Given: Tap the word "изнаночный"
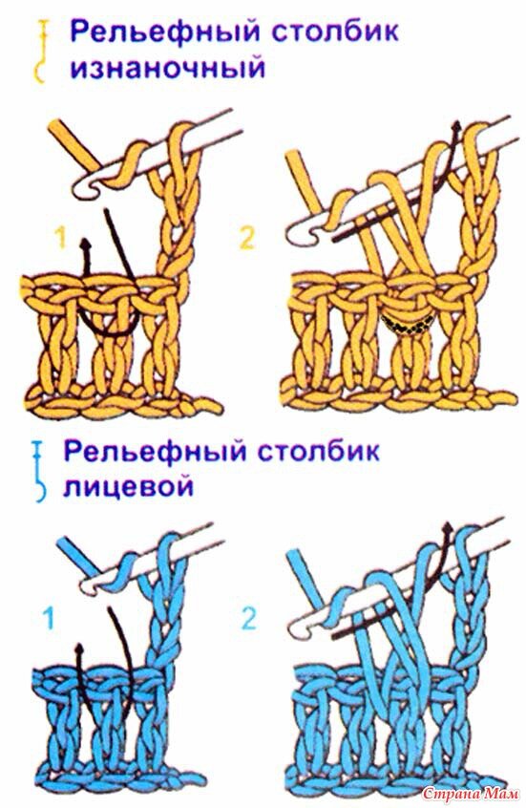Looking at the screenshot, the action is (x=168, y=68).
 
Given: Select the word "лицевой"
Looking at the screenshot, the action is (x=128, y=486).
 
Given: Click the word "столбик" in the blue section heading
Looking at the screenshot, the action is (x=319, y=451).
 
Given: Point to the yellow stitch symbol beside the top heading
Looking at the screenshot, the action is (x=41, y=52).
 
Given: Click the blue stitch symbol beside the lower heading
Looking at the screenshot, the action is (x=38, y=471).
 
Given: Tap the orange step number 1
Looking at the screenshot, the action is (x=61, y=239).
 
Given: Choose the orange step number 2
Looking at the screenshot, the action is (x=247, y=238).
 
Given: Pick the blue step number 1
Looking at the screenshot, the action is (x=49, y=618).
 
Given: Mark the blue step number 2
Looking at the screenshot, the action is (x=248, y=618).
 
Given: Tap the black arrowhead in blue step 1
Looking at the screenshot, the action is (x=79, y=649).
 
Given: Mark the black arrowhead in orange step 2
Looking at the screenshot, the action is (x=455, y=126).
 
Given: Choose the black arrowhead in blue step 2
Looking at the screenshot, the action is (x=447, y=528).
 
